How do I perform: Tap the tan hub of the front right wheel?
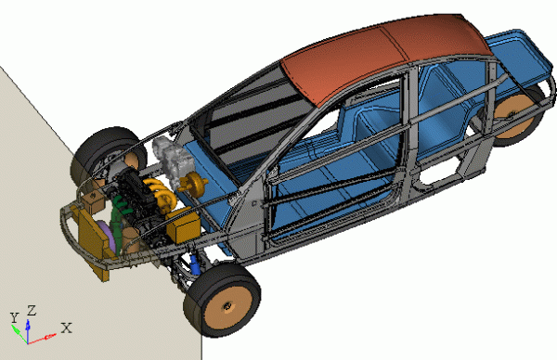pyautogui.click(x=227, y=306)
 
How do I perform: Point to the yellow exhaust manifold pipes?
pyautogui.click(x=162, y=195)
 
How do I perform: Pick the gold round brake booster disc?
pyautogui.click(x=194, y=183)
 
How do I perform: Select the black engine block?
pyautogui.click(x=133, y=194)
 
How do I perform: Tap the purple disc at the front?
pyautogui.click(x=108, y=235)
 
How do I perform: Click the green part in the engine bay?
pyautogui.click(x=118, y=213)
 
